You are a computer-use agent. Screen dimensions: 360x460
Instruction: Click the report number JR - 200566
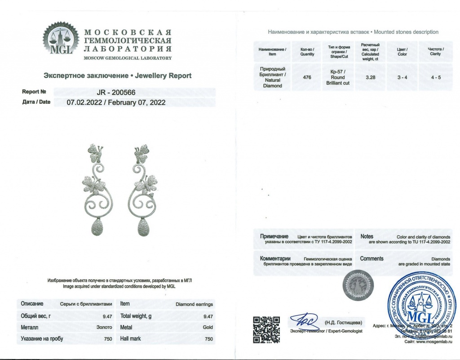(x=116, y=92)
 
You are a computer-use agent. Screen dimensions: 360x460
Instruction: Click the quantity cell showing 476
(x=307, y=77)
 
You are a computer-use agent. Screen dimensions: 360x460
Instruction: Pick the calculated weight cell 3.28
(x=371, y=77)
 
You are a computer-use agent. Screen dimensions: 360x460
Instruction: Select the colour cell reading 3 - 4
(x=402, y=77)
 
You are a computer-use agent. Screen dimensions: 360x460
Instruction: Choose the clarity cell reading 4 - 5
(x=435, y=77)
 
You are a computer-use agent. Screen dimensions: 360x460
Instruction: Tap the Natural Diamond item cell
(x=272, y=77)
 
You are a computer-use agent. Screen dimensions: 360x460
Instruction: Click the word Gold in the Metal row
(x=208, y=328)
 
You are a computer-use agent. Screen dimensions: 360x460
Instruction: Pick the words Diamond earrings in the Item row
(x=194, y=304)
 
